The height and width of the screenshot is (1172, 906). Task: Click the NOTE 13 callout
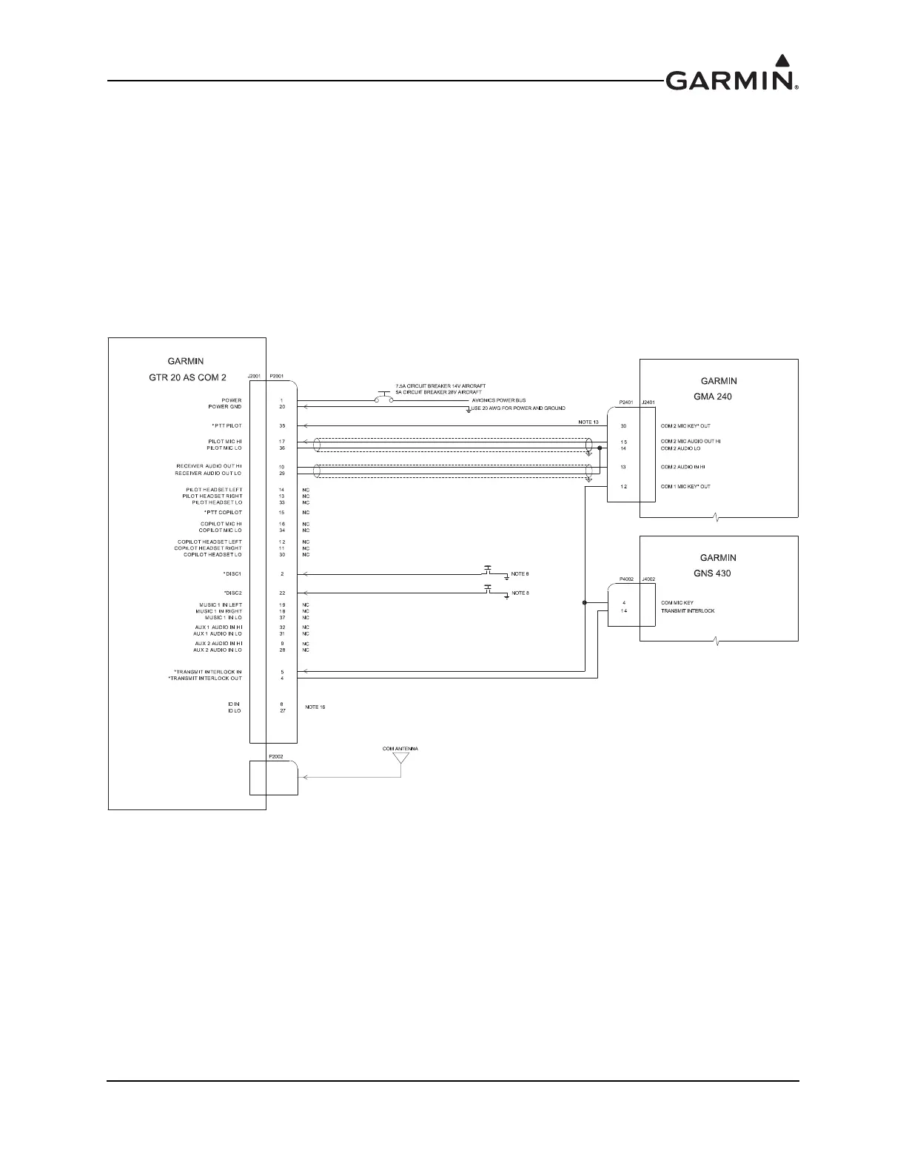588,422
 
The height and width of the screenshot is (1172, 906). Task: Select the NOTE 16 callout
315,707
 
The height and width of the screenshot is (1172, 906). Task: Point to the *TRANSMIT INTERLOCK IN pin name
204,672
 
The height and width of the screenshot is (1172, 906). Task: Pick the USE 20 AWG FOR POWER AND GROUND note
517,408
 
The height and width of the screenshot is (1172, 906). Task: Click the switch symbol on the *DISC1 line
488,570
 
